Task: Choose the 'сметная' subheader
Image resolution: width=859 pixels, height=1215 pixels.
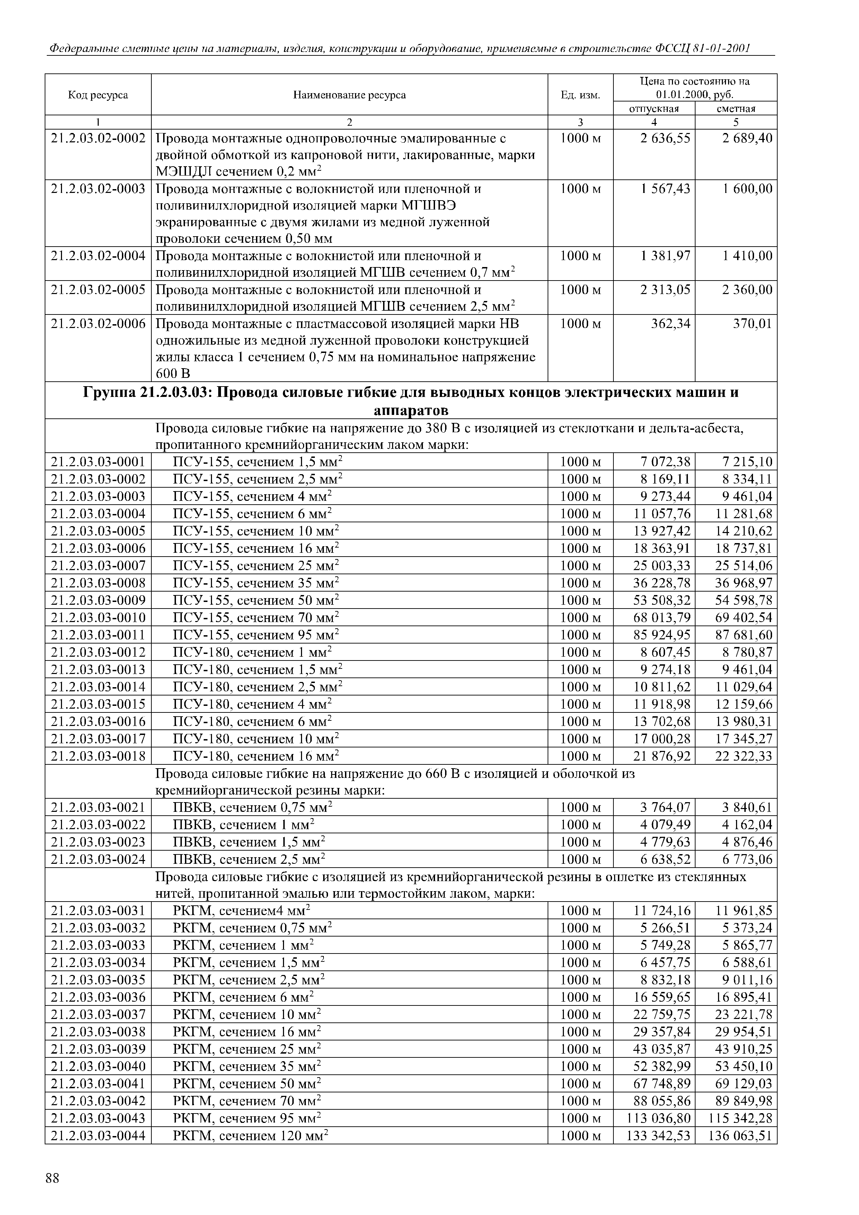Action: click(736, 108)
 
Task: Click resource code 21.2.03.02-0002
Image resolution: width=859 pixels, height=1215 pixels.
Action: click(98, 139)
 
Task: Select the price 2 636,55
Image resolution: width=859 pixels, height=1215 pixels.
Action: click(665, 139)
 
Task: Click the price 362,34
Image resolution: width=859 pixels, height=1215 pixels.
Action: click(671, 323)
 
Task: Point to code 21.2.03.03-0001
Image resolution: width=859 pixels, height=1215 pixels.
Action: click(98, 462)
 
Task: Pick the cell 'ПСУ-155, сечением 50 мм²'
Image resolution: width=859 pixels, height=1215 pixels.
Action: click(256, 601)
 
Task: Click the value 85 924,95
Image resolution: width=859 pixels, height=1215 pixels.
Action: click(662, 635)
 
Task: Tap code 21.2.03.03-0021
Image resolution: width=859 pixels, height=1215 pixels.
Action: click(98, 808)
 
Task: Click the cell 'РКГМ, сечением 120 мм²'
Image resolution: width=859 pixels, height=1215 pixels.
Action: click(251, 1136)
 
